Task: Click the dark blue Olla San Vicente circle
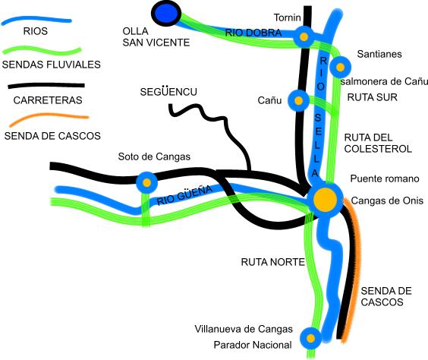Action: click(x=166, y=14)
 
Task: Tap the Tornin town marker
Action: click(x=304, y=36)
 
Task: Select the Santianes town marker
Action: click(x=340, y=67)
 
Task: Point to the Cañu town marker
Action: click(x=299, y=100)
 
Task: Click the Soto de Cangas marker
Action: click(x=147, y=183)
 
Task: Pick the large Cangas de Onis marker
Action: click(x=325, y=200)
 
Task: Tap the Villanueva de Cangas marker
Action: click(x=310, y=339)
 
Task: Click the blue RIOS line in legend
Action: click(x=36, y=21)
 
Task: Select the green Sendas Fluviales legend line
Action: click(x=42, y=52)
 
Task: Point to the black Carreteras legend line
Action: click(x=46, y=86)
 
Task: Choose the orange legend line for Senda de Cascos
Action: click(x=49, y=119)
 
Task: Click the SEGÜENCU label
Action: click(x=168, y=92)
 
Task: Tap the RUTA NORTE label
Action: click(x=272, y=262)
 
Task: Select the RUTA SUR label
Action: click(x=372, y=97)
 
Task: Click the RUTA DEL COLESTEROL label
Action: click(x=378, y=143)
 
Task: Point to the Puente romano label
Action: click(x=385, y=178)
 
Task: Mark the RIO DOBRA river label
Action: click(x=253, y=33)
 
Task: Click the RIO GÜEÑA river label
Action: click(x=184, y=195)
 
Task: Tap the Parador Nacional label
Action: click(x=253, y=345)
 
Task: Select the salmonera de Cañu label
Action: click(x=384, y=81)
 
